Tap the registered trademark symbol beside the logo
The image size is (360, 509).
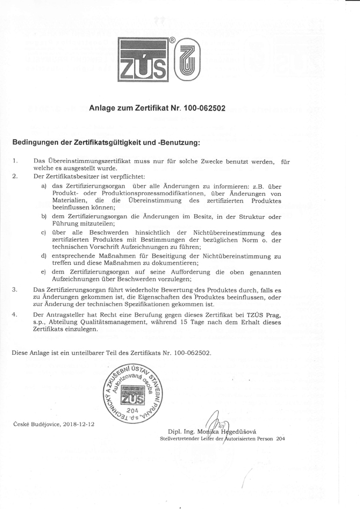click(x=172, y=41)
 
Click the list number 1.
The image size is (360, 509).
click(x=15, y=160)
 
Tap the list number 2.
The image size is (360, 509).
click(x=15, y=176)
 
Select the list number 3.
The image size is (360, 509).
click(x=15, y=290)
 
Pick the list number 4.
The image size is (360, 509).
click(x=15, y=315)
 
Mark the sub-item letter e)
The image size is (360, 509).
click(x=44, y=272)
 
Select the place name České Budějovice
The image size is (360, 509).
click(x=32, y=423)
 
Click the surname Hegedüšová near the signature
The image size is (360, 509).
click(x=239, y=431)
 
